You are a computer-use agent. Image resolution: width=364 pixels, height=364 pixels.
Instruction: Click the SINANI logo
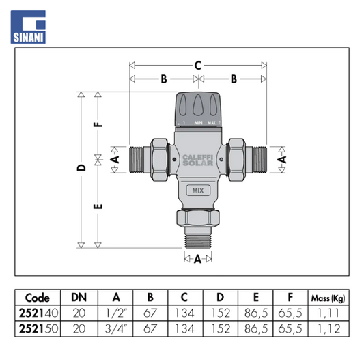28,27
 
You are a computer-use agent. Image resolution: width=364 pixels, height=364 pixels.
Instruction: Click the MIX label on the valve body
198,191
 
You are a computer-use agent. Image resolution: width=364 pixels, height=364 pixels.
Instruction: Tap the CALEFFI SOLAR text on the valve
198,160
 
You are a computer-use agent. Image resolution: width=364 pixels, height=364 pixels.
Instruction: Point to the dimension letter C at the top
197,66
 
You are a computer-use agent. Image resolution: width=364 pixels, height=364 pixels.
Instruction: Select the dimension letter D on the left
81,167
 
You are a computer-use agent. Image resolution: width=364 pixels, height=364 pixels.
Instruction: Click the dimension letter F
98,124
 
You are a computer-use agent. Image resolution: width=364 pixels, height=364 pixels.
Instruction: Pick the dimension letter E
98,206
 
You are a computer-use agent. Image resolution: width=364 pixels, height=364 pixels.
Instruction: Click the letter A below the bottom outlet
197,259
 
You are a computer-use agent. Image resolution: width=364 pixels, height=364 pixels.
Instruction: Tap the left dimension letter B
164,79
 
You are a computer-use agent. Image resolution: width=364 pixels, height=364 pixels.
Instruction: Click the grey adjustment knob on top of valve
198,109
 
